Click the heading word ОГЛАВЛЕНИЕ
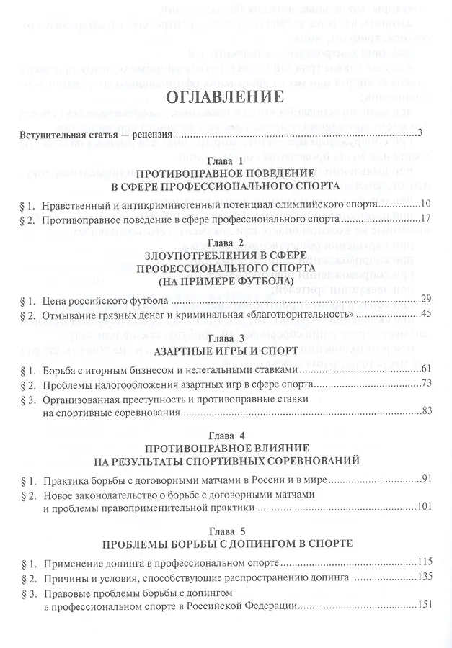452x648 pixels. [x=226, y=98]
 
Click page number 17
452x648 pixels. [x=425, y=219]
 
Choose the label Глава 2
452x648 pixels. [x=226, y=243]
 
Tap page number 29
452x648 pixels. [x=425, y=300]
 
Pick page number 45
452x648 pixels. [x=425, y=315]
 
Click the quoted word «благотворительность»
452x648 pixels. [x=307, y=315]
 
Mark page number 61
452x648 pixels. [x=425, y=369]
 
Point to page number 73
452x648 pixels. [x=425, y=383]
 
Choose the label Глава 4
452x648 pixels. [x=226, y=436]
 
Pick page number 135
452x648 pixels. [x=424, y=577]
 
